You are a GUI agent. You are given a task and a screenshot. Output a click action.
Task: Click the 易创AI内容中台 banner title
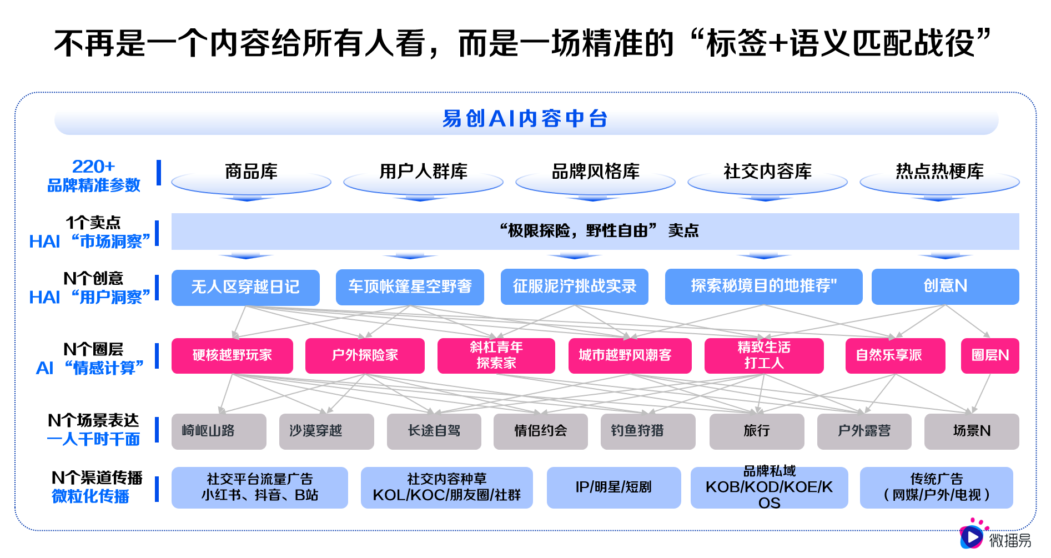point(525,119)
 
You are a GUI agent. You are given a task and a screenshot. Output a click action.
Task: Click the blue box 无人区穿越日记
point(245,287)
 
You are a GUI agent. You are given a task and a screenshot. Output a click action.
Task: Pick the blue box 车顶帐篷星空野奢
point(410,287)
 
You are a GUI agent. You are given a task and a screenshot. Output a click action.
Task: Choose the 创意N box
point(945,286)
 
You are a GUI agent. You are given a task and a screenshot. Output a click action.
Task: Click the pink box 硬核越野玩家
point(232,355)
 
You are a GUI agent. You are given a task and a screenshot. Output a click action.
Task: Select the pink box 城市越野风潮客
point(625,355)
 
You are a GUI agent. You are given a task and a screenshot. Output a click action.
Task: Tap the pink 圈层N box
point(990,355)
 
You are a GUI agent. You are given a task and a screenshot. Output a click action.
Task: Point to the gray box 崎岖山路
point(219,431)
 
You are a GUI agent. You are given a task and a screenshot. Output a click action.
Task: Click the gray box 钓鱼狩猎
point(648,431)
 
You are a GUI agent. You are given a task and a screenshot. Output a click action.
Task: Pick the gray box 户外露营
point(864,431)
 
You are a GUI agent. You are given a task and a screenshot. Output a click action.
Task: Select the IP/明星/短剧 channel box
point(613,487)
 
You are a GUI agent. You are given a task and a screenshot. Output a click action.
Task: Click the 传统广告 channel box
point(936,487)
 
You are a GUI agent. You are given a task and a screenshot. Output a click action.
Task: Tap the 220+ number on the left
point(93,167)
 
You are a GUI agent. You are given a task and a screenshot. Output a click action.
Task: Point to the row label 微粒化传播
point(90,496)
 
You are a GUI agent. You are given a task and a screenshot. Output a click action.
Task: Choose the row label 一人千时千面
point(93,440)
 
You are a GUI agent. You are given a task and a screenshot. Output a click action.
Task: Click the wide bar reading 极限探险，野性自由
point(595,231)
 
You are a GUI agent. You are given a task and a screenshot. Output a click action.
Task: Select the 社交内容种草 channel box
point(446,487)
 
